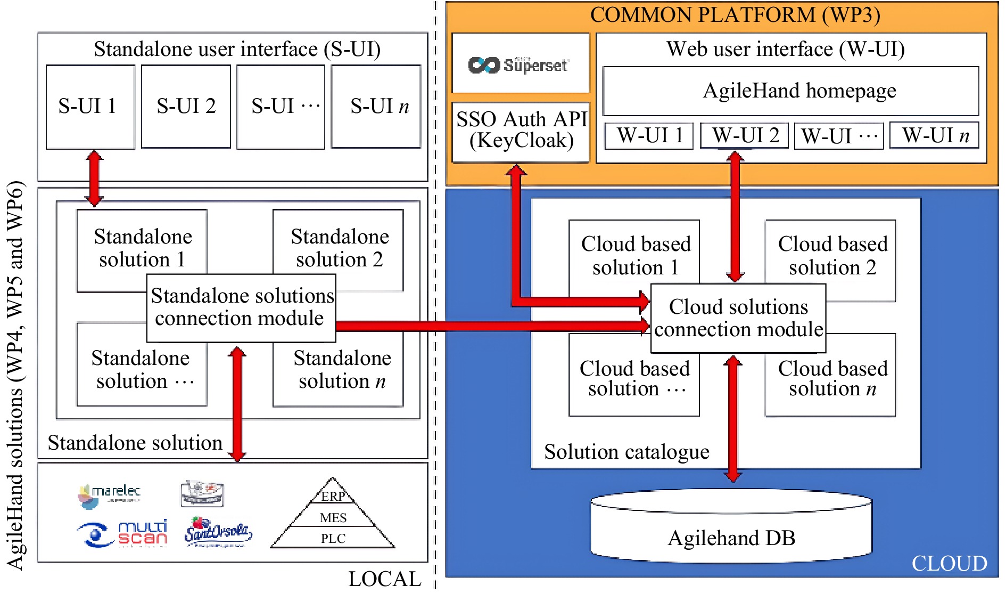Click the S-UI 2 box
point(186,107)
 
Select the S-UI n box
point(376,107)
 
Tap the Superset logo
point(520,64)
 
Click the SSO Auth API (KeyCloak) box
point(521,131)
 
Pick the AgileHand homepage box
point(791,91)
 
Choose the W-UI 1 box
point(649,136)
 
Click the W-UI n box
point(935,136)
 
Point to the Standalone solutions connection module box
point(241,308)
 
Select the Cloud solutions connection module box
point(738,318)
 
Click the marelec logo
point(110,493)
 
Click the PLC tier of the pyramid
point(333,538)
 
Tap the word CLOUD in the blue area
point(949,564)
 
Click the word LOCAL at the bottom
point(384,579)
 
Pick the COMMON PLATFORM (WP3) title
point(735,15)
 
